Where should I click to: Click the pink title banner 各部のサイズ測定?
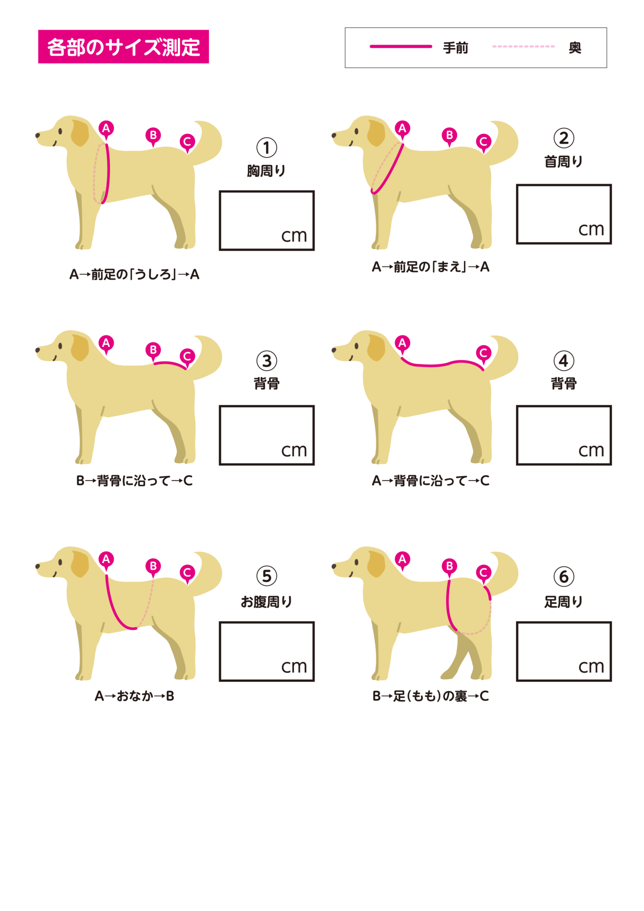[x=123, y=47]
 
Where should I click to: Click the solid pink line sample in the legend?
[x=401, y=46]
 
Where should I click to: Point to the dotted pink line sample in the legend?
[x=523, y=46]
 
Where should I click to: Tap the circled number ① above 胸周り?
[x=267, y=148]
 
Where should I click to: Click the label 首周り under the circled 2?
[x=563, y=161]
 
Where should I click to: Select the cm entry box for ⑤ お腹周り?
[x=267, y=651]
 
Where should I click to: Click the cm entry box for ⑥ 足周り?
[x=564, y=651]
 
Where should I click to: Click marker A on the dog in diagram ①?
[x=106, y=129]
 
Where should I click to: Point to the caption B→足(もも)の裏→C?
[x=431, y=696]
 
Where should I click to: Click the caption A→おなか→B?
[x=134, y=696]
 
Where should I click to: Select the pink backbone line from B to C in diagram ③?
[x=170, y=363]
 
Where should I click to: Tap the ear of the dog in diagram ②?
[x=376, y=133]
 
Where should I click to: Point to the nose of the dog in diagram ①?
[x=38, y=135]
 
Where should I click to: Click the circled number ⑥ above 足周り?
[x=564, y=576]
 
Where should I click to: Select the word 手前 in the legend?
[x=455, y=48]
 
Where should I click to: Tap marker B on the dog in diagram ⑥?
[x=449, y=567]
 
